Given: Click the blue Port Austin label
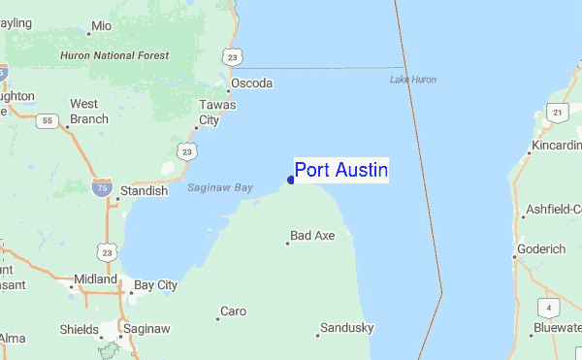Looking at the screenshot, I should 340,171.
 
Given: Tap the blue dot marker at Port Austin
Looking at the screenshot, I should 291,180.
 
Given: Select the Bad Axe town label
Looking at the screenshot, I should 312,236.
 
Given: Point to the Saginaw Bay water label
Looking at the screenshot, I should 220,187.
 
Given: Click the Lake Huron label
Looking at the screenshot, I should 412,79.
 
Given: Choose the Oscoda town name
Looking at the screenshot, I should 251,83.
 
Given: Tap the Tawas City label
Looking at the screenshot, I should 210,113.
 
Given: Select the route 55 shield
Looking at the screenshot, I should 46,121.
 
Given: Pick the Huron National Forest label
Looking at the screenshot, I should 114,56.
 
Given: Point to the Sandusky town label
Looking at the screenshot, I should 346,328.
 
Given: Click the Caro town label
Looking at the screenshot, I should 233,311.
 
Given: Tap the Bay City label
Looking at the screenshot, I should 155,285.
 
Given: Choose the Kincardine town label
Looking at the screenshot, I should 556,147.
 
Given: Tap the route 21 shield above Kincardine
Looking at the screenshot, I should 557,114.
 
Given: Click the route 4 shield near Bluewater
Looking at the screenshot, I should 549,309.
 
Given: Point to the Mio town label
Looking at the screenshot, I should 101,26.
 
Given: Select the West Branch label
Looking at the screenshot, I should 88,112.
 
